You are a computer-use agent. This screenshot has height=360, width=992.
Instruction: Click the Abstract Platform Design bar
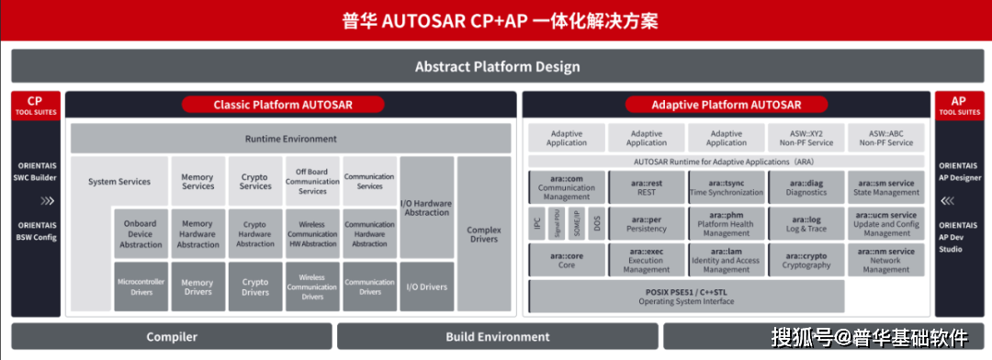click(x=496, y=67)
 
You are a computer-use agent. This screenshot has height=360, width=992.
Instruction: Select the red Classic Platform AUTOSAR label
click(x=282, y=105)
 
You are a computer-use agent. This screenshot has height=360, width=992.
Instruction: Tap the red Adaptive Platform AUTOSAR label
click(x=726, y=105)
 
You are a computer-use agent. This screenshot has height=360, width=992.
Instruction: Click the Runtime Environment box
click(x=290, y=139)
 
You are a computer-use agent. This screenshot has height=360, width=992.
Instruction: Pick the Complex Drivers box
click(x=483, y=233)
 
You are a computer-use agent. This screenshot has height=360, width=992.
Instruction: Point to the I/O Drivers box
click(x=426, y=287)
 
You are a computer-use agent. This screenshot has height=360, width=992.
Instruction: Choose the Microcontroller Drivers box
click(x=141, y=287)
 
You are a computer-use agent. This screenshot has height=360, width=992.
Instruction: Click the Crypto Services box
click(x=255, y=181)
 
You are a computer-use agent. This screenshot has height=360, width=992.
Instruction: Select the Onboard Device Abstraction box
click(x=141, y=232)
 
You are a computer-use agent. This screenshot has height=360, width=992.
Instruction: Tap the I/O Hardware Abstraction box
click(x=426, y=208)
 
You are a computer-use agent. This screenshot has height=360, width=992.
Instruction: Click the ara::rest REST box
click(x=647, y=187)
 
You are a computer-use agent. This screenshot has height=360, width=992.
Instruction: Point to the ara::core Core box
click(x=567, y=260)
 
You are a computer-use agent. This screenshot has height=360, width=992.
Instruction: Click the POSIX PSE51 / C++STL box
click(x=686, y=296)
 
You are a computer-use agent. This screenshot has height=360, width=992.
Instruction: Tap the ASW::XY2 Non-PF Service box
click(x=806, y=138)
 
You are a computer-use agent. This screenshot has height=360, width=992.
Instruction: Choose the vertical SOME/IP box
click(x=576, y=223)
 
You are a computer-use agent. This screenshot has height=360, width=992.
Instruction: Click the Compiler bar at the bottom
click(x=172, y=337)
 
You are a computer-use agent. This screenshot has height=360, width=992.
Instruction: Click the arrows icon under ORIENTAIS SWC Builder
click(x=35, y=200)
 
